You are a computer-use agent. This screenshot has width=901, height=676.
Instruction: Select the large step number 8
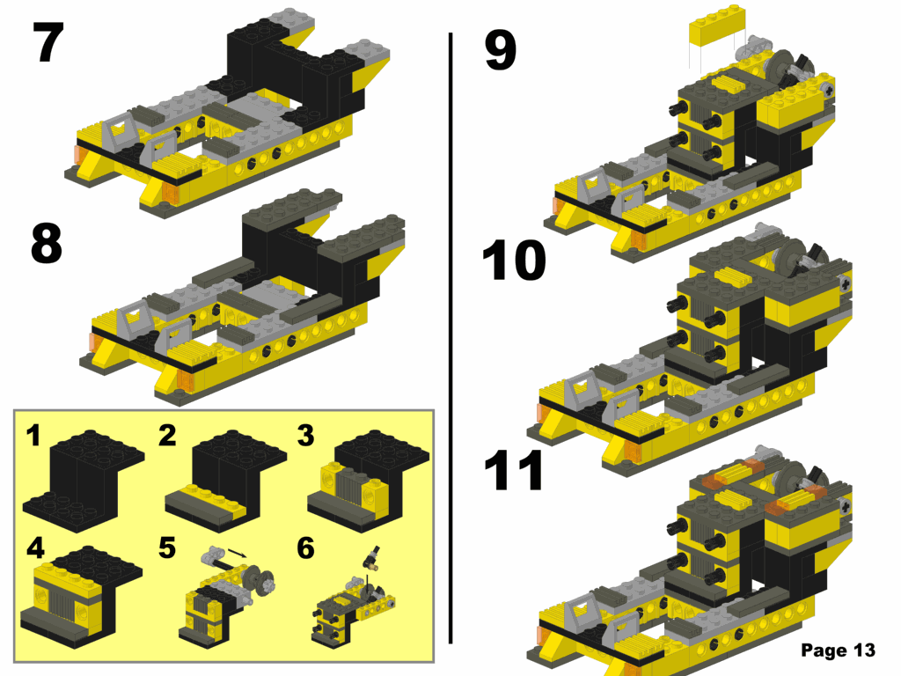click(47, 245)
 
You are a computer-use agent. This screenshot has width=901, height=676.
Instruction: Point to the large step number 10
click(514, 261)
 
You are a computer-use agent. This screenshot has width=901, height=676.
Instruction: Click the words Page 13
click(838, 650)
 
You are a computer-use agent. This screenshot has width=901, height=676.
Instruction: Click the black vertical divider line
click(450, 334)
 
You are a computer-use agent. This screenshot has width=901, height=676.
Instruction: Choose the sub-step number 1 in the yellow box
click(33, 435)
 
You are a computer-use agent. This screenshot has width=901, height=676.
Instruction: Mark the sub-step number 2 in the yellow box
click(169, 435)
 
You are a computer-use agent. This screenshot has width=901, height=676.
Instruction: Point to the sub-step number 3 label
click(305, 435)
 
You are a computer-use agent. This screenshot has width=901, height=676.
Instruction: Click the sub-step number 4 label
click(35, 548)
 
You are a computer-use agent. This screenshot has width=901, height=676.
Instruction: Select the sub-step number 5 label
click(167, 548)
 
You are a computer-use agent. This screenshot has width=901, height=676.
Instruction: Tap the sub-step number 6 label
click(305, 548)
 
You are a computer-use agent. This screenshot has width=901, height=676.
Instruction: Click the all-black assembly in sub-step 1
click(84, 475)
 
